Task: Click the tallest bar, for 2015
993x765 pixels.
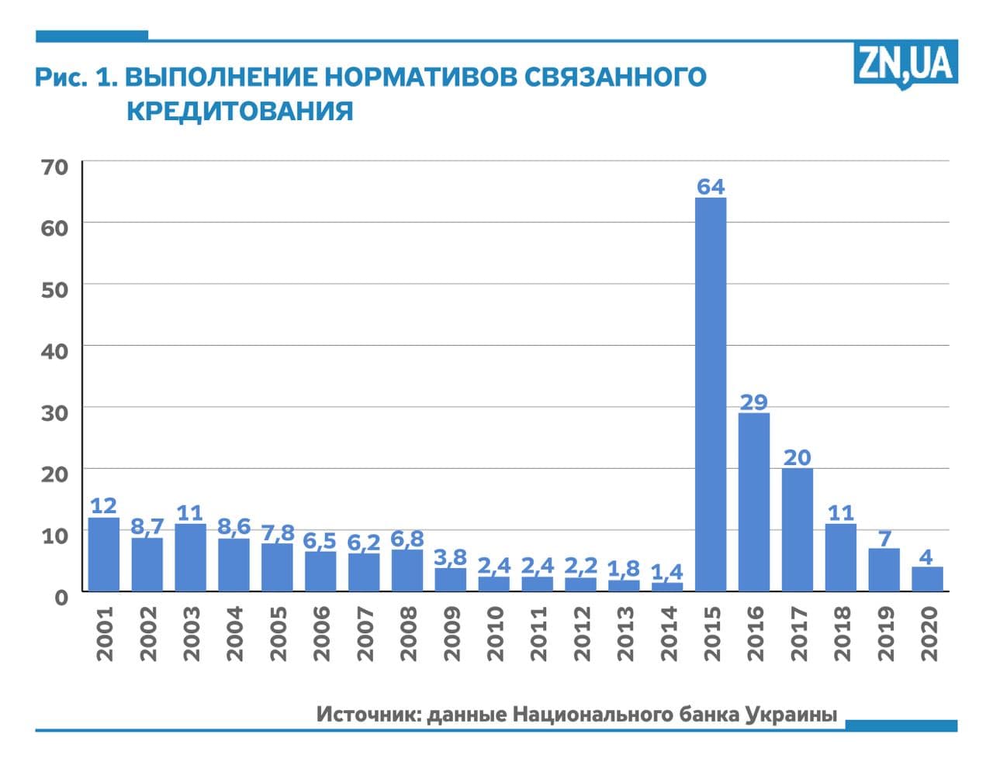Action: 710,394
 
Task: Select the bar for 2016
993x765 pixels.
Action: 753,501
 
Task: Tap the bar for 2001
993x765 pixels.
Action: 104,553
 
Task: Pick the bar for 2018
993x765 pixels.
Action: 840,557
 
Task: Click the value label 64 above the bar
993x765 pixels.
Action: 711,187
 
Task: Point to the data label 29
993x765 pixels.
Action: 753,402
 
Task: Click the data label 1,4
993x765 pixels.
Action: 666,572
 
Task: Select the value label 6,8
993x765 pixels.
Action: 407,539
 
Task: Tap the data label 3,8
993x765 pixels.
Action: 450,557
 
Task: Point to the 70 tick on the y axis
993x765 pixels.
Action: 55,166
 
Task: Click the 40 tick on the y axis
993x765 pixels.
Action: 54,350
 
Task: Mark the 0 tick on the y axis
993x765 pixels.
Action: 61,596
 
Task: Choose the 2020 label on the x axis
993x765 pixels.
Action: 928,633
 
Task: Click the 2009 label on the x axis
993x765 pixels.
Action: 451,633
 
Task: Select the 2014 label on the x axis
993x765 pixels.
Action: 667,633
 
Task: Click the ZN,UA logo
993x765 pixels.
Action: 905,64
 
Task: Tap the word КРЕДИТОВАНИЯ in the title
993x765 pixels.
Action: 239,111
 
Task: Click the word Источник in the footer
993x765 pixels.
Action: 369,714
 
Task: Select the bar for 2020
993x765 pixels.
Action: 927,579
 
